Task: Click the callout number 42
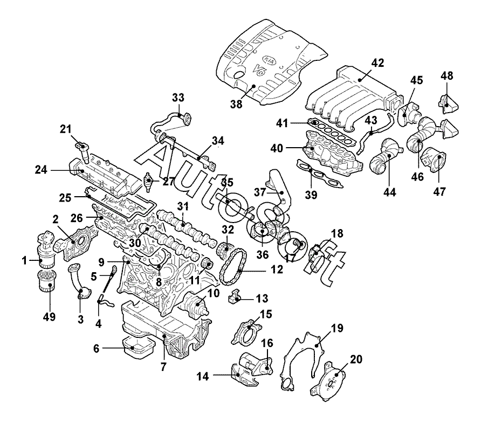(x=377, y=63)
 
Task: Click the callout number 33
(x=178, y=98)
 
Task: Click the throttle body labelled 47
(x=434, y=161)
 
